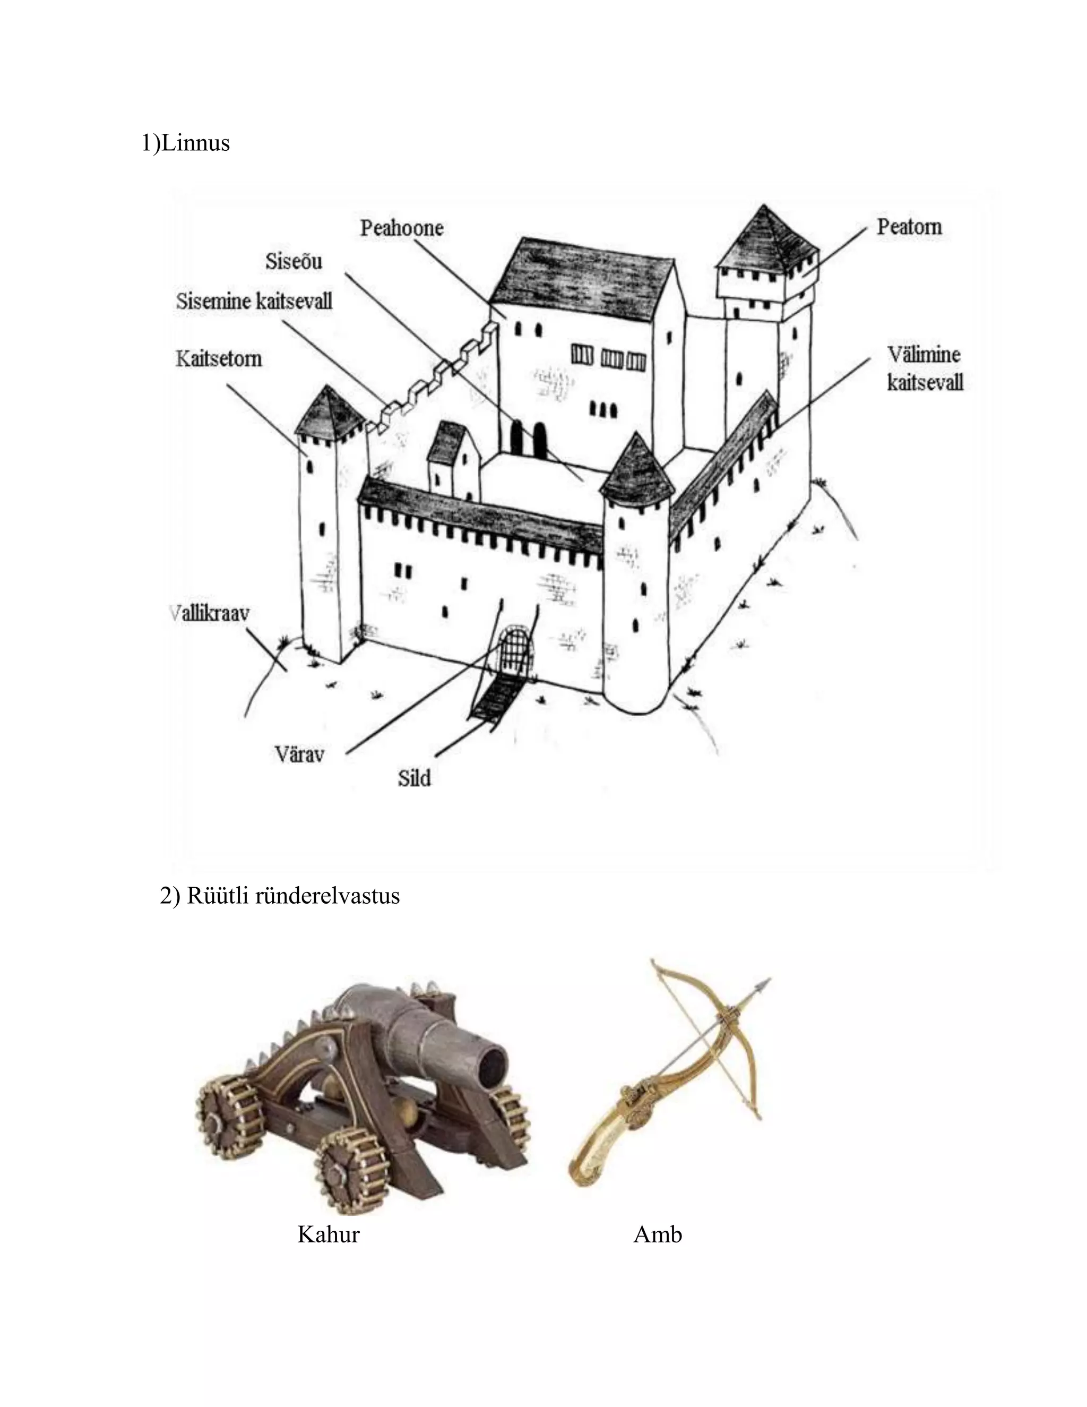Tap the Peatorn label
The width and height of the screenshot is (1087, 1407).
click(909, 227)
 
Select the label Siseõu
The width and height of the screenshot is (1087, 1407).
click(294, 262)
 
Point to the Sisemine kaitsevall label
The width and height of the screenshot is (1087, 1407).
click(254, 301)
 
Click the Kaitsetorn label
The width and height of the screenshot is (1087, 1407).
click(219, 358)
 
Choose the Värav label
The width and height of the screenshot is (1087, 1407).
click(299, 754)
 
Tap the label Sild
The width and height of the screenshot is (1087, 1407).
click(414, 778)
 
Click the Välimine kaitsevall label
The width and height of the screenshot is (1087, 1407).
click(924, 368)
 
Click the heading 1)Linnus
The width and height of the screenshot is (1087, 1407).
click(185, 142)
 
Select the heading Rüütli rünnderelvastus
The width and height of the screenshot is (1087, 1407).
click(280, 896)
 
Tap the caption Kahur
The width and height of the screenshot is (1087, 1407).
click(329, 1234)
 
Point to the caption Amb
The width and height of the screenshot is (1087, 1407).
click(658, 1234)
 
